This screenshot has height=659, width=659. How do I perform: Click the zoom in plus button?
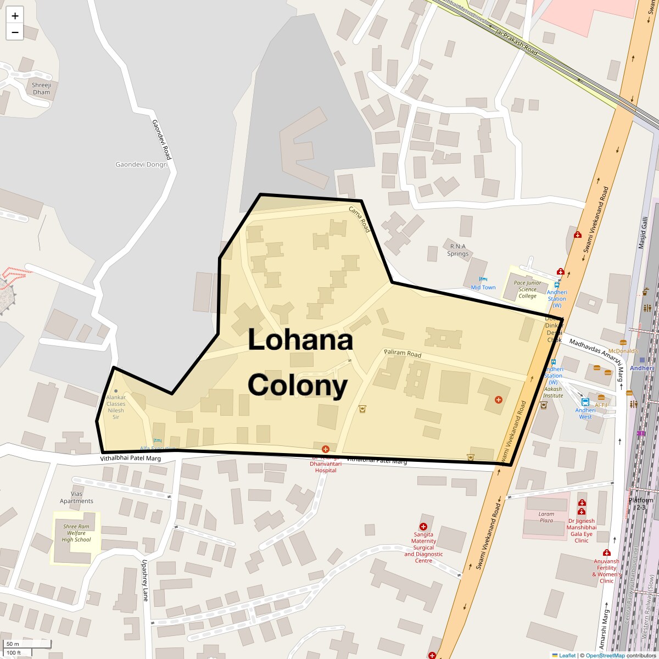coord(15,16)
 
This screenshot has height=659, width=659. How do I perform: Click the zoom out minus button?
coord(15,32)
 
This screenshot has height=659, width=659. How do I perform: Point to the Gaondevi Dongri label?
coord(142,164)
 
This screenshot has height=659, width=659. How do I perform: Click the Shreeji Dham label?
coord(41,88)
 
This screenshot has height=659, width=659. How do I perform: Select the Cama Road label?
coord(360,219)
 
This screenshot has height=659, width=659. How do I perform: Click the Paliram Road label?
coord(403,354)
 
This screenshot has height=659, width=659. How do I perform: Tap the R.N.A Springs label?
coord(458,250)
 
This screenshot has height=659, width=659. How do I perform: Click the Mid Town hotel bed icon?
coord(483,280)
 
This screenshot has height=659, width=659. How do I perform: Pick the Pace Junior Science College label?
coord(527,289)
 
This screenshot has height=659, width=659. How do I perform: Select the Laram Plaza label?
coord(546,517)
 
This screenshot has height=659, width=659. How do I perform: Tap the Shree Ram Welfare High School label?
coord(76,533)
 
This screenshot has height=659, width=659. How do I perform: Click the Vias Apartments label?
coord(76,497)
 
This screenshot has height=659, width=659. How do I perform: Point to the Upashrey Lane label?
coord(146,580)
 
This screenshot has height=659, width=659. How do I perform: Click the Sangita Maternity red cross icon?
coord(423,527)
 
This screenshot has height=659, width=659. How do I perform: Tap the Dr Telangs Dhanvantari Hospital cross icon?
coord(326,449)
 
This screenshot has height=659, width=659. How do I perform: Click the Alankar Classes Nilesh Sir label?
coord(116,407)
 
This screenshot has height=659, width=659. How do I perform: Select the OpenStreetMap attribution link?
coord(605,655)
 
